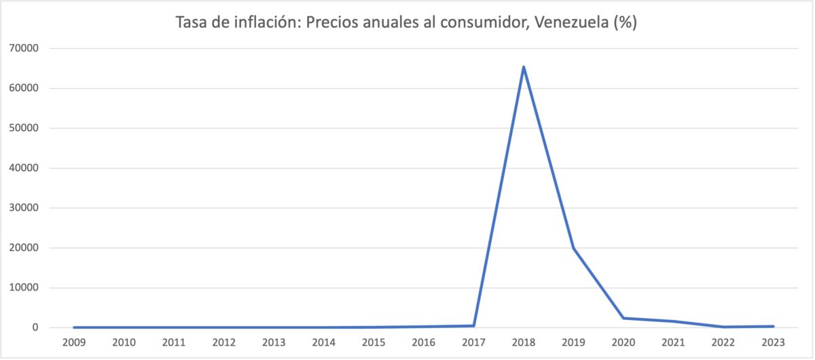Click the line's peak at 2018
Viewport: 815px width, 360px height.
tap(524, 67)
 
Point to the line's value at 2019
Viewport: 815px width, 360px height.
tap(573, 249)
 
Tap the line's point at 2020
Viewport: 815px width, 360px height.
tap(623, 318)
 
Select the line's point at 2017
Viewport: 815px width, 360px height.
tap(473, 325)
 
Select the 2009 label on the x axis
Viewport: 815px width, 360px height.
tap(74, 342)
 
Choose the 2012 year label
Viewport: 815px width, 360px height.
tap(224, 342)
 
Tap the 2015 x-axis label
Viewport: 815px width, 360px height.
tap(374, 342)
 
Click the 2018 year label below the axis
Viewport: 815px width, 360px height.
tap(524, 342)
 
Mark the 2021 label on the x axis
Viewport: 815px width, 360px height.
tap(673, 342)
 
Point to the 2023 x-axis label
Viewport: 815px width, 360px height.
tap(773, 342)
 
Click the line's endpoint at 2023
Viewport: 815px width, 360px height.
tap(773, 326)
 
